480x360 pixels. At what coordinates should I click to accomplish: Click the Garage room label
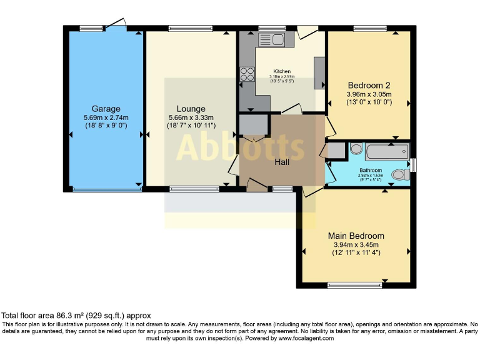click(x=106, y=109)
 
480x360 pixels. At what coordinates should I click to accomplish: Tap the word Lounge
click(x=191, y=109)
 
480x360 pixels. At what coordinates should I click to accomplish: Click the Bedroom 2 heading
click(x=369, y=85)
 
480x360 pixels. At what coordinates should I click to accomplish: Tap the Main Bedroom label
click(x=356, y=236)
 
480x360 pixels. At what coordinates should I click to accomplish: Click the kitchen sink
click(x=272, y=40)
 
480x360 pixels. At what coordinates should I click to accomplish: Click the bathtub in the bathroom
click(x=386, y=151)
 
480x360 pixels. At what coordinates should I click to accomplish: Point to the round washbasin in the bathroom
click(x=356, y=149)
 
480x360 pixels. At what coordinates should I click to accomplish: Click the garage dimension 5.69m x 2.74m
click(x=106, y=117)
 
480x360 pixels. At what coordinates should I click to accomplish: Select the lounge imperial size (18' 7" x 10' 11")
click(x=191, y=126)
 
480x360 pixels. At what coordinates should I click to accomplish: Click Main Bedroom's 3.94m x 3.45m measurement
click(x=356, y=244)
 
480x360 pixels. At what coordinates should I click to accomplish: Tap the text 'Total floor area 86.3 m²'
click(x=50, y=316)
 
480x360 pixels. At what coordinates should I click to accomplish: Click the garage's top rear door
click(x=116, y=24)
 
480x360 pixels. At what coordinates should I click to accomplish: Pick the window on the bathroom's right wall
click(x=414, y=164)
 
